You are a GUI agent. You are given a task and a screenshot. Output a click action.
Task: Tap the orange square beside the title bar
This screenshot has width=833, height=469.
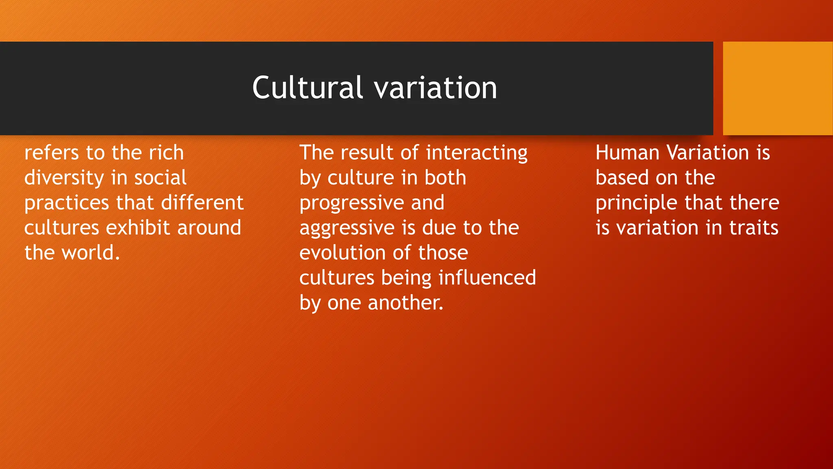778,88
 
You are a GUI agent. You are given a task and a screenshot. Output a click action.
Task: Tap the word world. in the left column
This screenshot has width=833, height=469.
91,253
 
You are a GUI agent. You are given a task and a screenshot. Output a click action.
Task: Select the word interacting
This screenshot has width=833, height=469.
477,153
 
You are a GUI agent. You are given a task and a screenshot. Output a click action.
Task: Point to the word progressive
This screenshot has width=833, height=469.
351,203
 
